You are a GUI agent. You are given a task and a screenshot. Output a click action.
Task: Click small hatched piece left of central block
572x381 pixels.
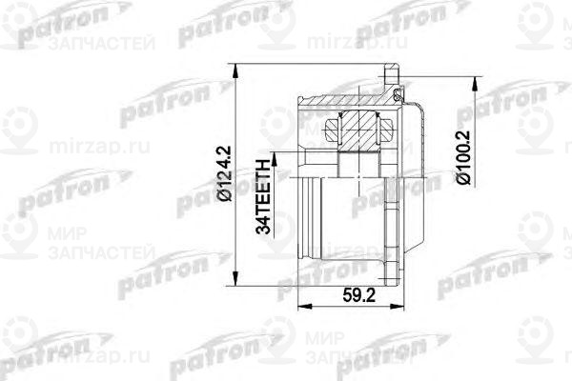pos(333,126)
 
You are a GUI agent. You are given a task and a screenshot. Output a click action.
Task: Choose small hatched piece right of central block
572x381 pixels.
pos(388,126)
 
